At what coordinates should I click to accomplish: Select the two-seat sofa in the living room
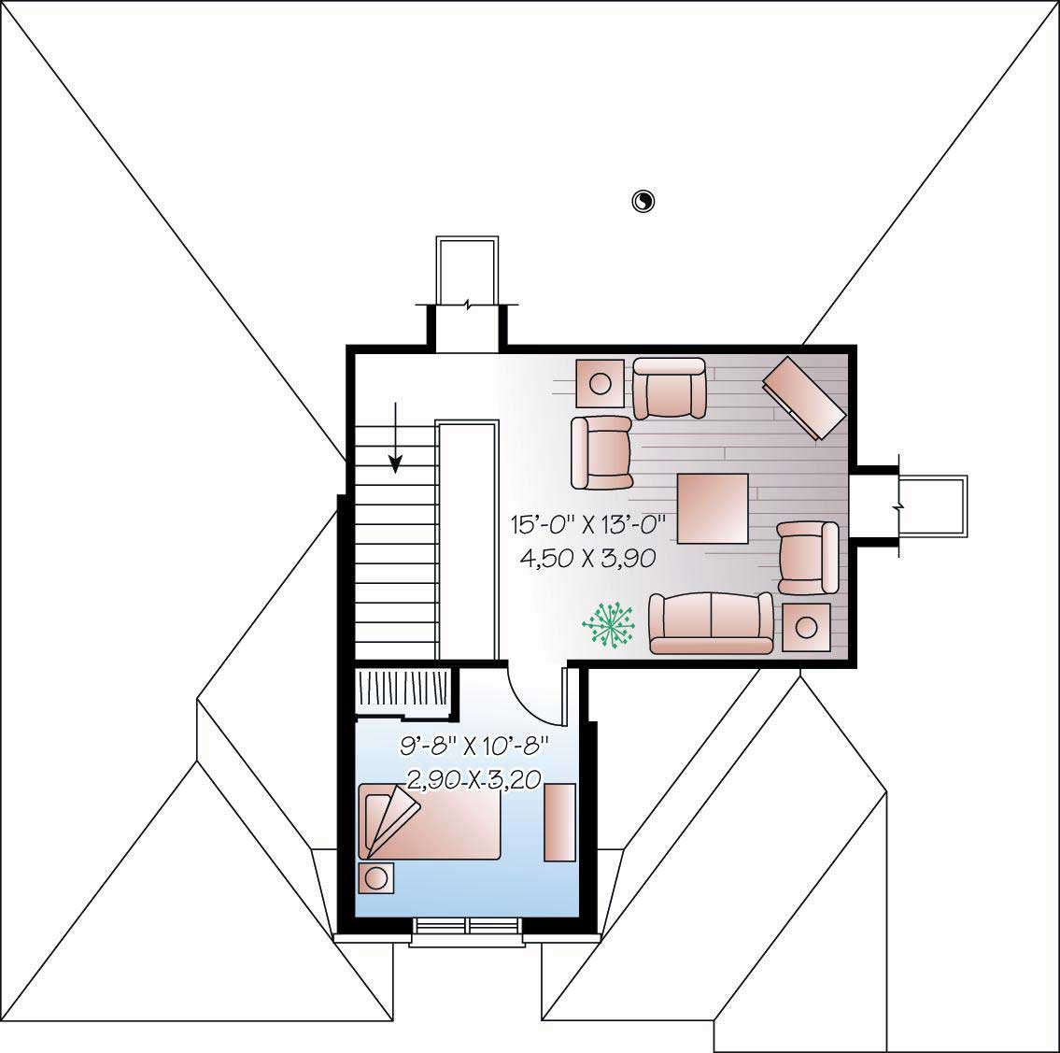pyautogui.click(x=712, y=623)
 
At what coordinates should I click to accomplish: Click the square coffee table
pyautogui.click(x=713, y=508)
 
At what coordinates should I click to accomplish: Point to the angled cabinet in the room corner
pyautogui.click(x=804, y=396)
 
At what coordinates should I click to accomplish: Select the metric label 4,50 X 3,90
pyautogui.click(x=587, y=558)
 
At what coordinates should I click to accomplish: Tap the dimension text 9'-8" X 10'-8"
pyautogui.click(x=473, y=747)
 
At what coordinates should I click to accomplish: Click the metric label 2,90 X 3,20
pyautogui.click(x=474, y=778)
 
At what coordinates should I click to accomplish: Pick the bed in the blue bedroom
pyautogui.click(x=431, y=821)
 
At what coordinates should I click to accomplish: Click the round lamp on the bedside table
pyautogui.click(x=376, y=878)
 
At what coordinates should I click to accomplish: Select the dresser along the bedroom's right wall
pyautogui.click(x=559, y=822)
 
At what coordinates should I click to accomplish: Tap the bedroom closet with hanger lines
pyautogui.click(x=403, y=692)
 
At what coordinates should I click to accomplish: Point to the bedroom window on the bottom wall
pyautogui.click(x=466, y=925)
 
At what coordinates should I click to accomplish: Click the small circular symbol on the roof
pyautogui.click(x=643, y=201)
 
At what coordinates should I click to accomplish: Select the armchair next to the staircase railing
pyautogui.click(x=601, y=452)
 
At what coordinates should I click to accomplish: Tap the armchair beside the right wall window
pyautogui.click(x=808, y=558)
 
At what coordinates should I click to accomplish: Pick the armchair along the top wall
pyautogui.click(x=670, y=388)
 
